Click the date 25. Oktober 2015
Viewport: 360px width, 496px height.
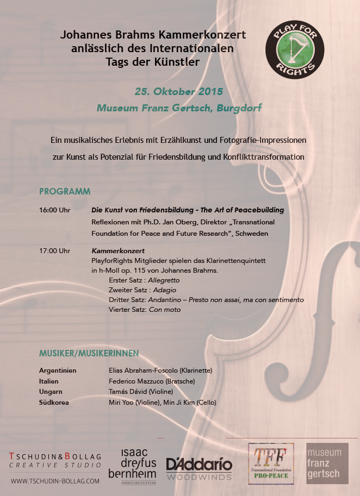178,91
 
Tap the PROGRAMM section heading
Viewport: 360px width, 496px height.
65,192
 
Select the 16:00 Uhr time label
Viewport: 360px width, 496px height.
55,210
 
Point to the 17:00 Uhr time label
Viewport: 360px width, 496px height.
55,251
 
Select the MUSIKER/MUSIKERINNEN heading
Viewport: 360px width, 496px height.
89,354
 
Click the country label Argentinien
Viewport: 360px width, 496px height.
58,371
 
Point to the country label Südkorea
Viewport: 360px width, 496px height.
53,403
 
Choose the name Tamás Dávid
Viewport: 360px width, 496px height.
128,392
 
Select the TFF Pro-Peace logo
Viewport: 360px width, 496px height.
271,463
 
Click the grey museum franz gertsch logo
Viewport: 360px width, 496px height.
326,463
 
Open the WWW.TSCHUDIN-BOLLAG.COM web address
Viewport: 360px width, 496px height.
55,481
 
